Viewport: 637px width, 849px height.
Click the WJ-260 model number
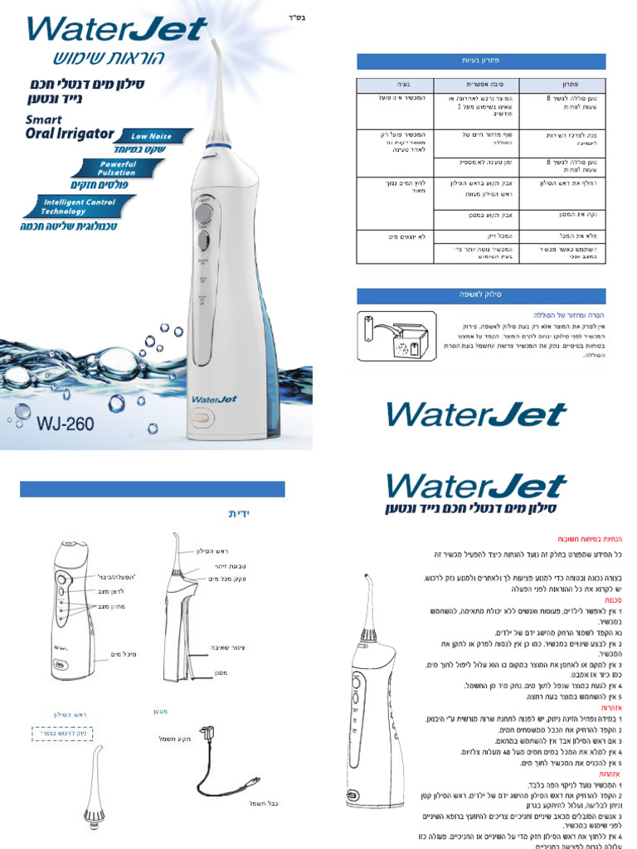click(65, 423)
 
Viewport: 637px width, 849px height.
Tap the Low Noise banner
click(154, 135)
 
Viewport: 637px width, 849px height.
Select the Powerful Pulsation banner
click(119, 168)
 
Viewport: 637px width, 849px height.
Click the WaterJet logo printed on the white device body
click(215, 399)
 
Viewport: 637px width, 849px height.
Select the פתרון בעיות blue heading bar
click(481, 61)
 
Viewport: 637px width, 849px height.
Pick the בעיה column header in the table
click(398, 85)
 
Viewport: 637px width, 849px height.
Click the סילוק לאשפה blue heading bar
click(481, 294)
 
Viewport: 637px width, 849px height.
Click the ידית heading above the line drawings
click(239, 514)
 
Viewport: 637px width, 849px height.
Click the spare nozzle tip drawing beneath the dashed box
click(94, 796)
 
